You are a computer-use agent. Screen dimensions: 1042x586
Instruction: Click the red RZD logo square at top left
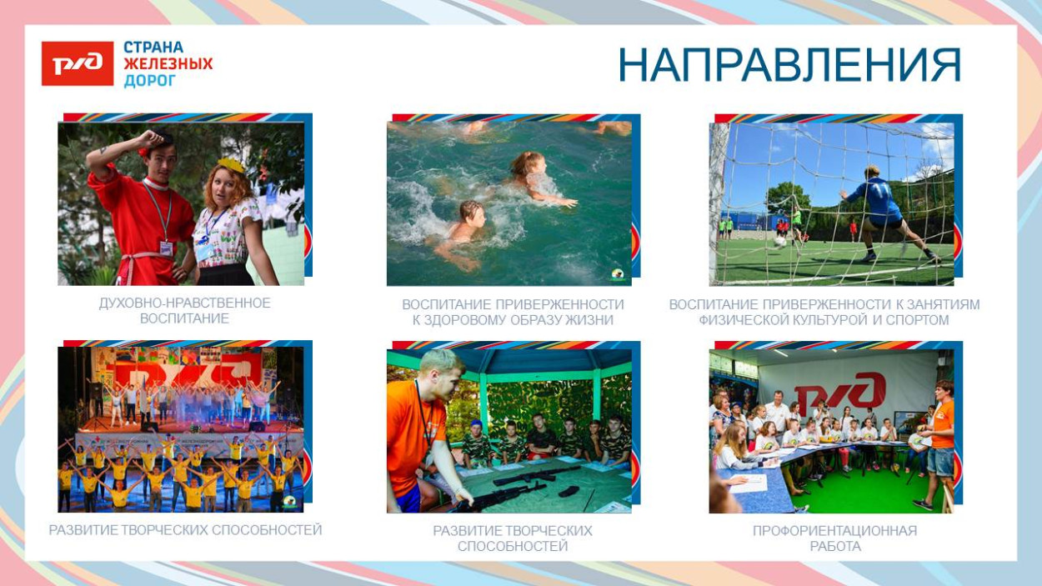pyautogui.click(x=78, y=63)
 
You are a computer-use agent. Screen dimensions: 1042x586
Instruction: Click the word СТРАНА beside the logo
pyautogui.click(x=153, y=48)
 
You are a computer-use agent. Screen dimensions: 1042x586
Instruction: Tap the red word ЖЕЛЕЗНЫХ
pyautogui.click(x=168, y=63)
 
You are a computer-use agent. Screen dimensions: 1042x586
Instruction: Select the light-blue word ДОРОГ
pyautogui.click(x=150, y=81)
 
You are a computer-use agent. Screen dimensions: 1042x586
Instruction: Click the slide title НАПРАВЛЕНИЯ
pyautogui.click(x=789, y=65)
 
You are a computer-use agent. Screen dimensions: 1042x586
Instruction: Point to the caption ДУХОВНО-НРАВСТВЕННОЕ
pyautogui.click(x=185, y=303)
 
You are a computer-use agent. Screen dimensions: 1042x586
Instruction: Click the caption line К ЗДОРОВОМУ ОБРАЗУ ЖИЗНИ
pyautogui.click(x=513, y=320)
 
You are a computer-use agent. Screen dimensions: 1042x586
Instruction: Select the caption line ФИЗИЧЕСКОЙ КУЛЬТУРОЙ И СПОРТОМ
pyautogui.click(x=824, y=320)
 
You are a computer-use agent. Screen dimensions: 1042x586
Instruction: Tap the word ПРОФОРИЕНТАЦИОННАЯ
pyautogui.click(x=835, y=531)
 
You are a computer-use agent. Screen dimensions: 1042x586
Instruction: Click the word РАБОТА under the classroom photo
pyautogui.click(x=835, y=547)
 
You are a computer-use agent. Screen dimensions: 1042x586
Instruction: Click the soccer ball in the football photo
pyautogui.click(x=779, y=242)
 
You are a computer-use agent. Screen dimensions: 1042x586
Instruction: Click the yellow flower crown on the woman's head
pyautogui.click(x=232, y=165)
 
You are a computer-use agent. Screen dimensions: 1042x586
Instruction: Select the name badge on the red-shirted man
pyautogui.click(x=166, y=248)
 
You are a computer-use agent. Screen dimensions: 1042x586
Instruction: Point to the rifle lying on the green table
pyautogui.click(x=535, y=475)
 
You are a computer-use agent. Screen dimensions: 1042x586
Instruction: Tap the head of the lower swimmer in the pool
pyautogui.click(x=472, y=213)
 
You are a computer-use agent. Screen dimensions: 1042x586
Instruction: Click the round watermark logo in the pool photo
pyautogui.click(x=619, y=276)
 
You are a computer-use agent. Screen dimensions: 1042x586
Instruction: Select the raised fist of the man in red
pyautogui.click(x=153, y=138)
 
